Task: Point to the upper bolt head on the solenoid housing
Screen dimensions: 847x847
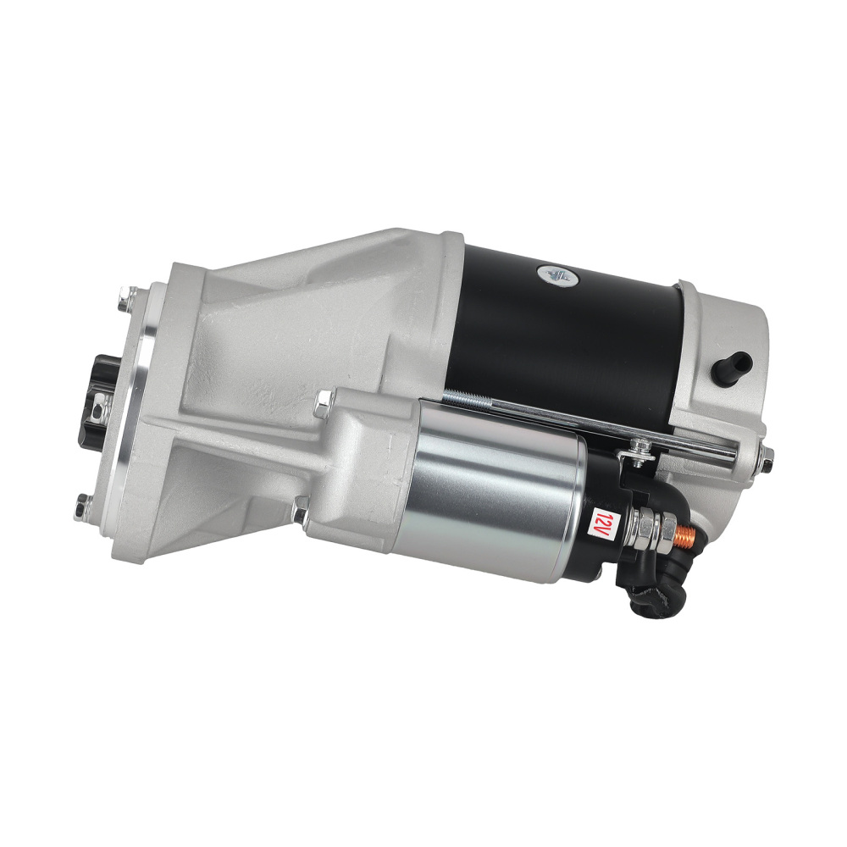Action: pyautogui.click(x=324, y=406)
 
